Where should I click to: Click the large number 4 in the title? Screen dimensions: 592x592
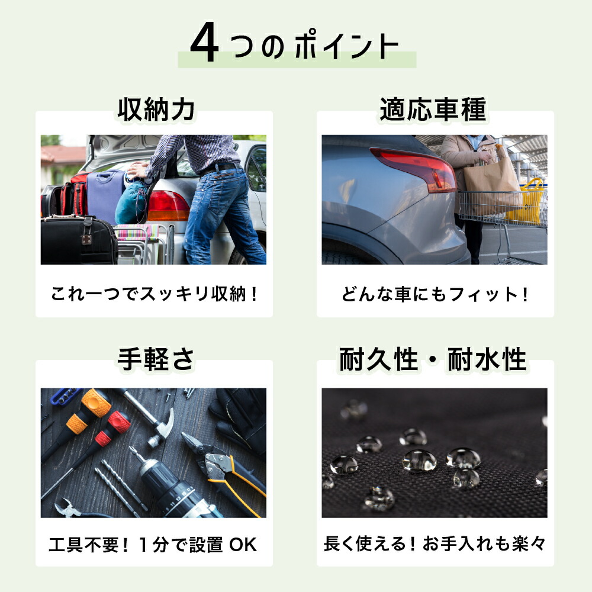pos(205,42)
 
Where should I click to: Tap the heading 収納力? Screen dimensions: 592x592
pos(156,110)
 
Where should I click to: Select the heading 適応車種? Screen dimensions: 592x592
pos(433,110)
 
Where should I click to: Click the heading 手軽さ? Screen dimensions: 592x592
pos(156,359)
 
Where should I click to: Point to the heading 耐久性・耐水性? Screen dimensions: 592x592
pos(433,359)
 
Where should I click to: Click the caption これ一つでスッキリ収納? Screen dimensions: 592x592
pos(154,294)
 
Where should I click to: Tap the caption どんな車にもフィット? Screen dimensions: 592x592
pos(435,294)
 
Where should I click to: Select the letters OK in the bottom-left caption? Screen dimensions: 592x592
pos(243,545)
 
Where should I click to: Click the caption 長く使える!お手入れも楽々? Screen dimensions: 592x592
pos(435,544)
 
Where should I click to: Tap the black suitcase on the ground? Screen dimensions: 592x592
pos(79,240)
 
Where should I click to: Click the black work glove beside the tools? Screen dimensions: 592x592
pos(240,419)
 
